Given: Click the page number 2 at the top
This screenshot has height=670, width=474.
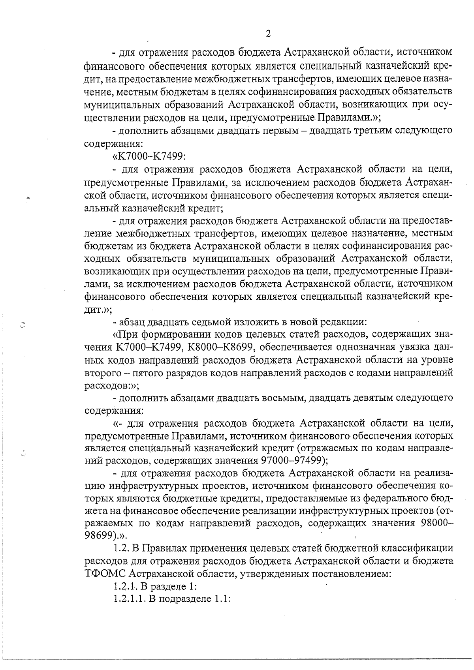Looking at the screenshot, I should (x=268, y=34).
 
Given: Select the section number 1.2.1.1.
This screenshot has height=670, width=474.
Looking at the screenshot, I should (x=130, y=599).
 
